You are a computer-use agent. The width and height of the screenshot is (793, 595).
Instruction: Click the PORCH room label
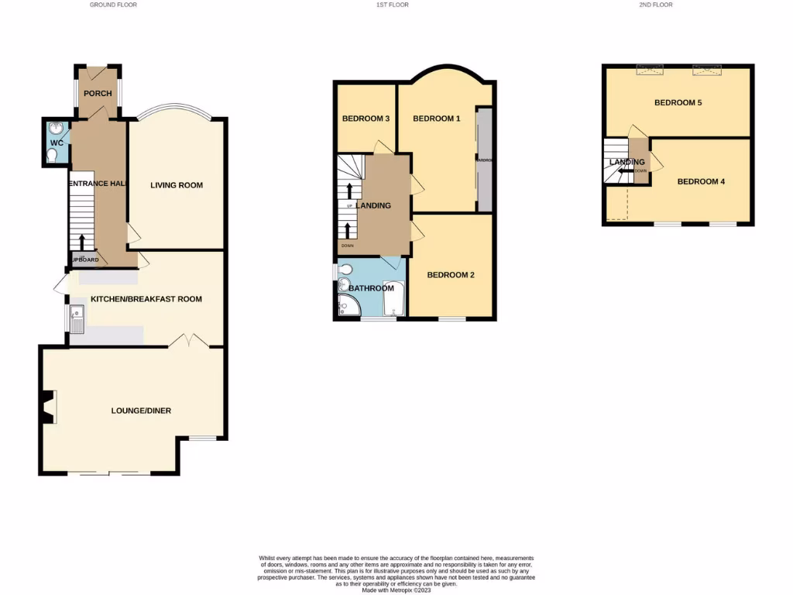coord(98,94)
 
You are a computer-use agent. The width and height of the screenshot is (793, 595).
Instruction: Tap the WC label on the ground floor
coord(57,143)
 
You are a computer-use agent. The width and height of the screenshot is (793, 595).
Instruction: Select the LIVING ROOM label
coord(177,185)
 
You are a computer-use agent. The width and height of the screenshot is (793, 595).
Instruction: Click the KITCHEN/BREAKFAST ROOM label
coord(146,299)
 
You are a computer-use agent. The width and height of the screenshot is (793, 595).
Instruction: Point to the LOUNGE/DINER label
coord(141,411)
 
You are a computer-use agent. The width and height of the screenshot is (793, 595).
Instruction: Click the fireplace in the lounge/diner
coord(49,408)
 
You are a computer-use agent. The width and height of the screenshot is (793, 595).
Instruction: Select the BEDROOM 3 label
coord(366,119)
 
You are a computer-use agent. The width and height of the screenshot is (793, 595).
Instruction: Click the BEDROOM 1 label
coord(437,119)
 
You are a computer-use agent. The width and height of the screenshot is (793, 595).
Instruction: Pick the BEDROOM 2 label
coord(451,275)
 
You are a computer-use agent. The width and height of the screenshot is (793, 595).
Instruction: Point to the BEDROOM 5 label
coord(678,102)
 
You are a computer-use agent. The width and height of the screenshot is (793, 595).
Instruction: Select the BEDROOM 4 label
coord(701,182)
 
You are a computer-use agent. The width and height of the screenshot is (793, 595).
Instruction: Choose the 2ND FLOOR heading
coord(656,5)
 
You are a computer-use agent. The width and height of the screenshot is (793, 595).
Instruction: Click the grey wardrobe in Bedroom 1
coord(484,160)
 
